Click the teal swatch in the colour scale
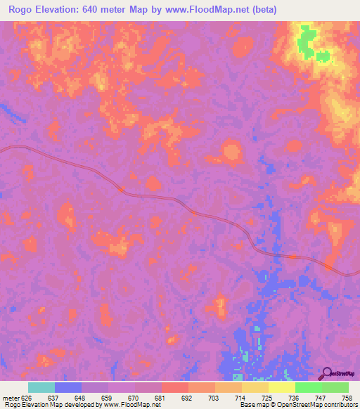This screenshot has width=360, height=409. point(41,387)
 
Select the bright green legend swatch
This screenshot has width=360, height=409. point(308,387)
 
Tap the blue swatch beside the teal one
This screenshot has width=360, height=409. point(68,387)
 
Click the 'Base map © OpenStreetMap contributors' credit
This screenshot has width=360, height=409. point(297,405)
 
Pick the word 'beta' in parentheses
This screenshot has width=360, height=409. point(263,10)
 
